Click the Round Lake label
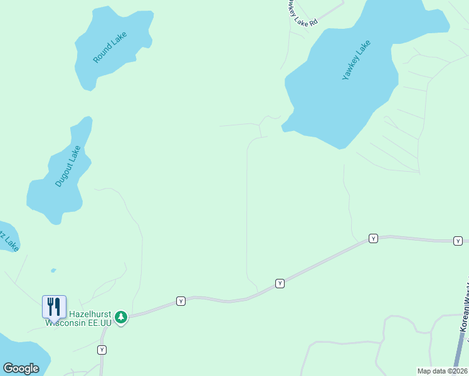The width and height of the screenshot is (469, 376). coord(110,48)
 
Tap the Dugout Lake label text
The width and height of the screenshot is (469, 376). coord(68,166)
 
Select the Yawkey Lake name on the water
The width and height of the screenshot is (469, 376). coord(356,60)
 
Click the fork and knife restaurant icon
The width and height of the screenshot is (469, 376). coord(54,306)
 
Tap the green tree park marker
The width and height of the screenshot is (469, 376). coord(121,318)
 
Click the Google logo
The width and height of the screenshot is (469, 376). coord(21,368)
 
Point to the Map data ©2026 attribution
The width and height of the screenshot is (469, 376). coord(443,371)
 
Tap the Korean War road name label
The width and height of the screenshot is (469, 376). coord(465,313)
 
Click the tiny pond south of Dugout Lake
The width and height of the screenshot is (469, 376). coord(53,271)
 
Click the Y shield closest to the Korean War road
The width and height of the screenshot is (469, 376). coord(458,241)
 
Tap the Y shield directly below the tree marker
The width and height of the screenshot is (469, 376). coord(102,349)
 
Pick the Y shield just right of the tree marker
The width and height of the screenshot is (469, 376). coord(181,301)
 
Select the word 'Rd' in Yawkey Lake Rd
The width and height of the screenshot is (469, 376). coord(314,22)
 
